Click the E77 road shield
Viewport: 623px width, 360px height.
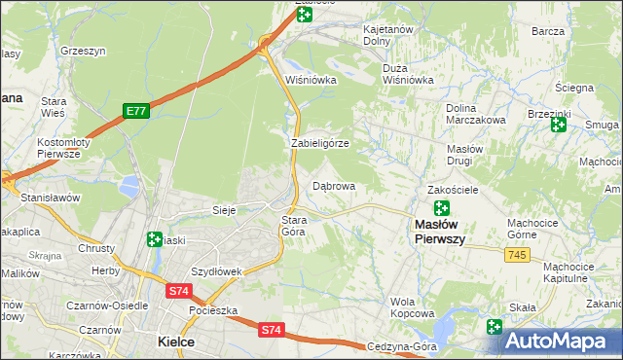(x=135, y=112)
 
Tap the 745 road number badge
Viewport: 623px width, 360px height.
(x=518, y=254)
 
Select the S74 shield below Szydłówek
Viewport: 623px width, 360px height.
(x=178, y=291)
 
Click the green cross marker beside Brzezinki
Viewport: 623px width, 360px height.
(x=559, y=125)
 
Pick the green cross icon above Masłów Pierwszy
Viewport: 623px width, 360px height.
(x=441, y=207)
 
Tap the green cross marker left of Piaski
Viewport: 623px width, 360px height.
(x=154, y=239)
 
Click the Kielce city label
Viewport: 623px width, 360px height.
(x=176, y=342)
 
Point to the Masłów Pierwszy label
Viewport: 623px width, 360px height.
(x=440, y=232)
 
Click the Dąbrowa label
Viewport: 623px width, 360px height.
(x=333, y=185)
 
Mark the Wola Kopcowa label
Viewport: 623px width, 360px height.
(x=412, y=307)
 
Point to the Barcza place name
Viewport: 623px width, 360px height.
(x=548, y=31)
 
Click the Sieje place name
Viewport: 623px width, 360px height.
(x=225, y=209)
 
